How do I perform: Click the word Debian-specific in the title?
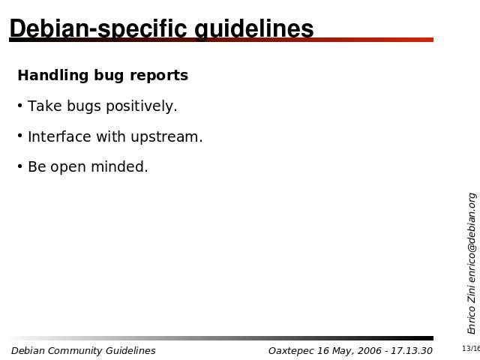(x=98, y=29)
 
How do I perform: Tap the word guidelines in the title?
(x=254, y=29)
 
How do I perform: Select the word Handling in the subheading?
(x=53, y=76)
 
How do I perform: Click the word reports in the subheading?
(x=159, y=76)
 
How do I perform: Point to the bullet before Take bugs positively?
(x=20, y=106)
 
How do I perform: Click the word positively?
(x=142, y=106)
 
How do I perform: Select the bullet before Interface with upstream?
(x=20, y=136)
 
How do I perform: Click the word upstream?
(x=166, y=136)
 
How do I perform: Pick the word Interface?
(x=59, y=136)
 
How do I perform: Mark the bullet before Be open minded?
(x=20, y=166)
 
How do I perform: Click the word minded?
(x=119, y=166)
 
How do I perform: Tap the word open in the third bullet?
(x=68, y=168)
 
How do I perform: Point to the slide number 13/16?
(x=471, y=348)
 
